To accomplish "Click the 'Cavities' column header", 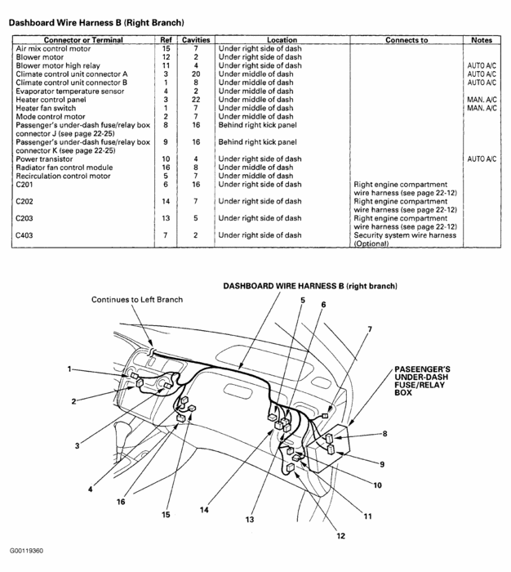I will (x=196, y=39).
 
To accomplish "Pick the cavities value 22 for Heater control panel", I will (x=196, y=100).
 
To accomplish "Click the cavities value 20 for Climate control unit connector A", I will (x=196, y=74).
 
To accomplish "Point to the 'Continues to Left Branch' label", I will (x=136, y=300).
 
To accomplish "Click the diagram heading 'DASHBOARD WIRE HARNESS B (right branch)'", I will (x=309, y=287).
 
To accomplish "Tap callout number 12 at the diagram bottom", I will (x=340, y=536).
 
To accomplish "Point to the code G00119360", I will (x=27, y=551).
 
